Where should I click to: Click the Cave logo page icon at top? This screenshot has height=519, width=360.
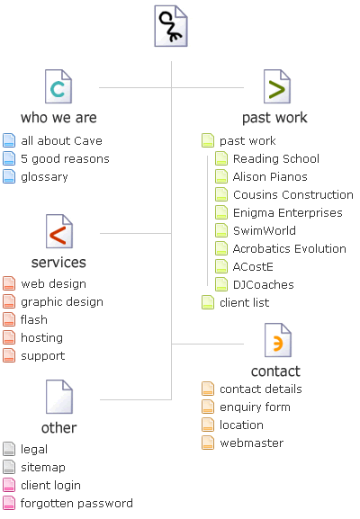click(x=171, y=26)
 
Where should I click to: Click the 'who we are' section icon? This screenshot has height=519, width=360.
click(x=58, y=86)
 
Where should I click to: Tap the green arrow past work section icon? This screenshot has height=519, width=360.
click(x=277, y=86)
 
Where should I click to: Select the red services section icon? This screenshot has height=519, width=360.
click(x=59, y=231)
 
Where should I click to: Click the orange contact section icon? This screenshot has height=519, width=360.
click(x=278, y=340)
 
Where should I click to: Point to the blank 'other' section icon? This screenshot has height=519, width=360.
click(x=59, y=397)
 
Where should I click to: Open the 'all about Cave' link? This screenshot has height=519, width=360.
click(x=61, y=140)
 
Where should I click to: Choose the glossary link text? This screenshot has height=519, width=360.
click(x=44, y=177)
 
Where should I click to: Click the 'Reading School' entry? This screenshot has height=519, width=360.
click(x=276, y=159)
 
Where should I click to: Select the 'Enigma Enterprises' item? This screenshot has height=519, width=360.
click(x=288, y=213)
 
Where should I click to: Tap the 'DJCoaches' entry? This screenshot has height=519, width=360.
click(x=264, y=284)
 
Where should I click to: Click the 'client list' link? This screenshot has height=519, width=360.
click(x=245, y=302)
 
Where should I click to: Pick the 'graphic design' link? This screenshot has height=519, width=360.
click(x=62, y=302)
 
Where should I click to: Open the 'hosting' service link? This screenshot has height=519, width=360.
click(x=41, y=337)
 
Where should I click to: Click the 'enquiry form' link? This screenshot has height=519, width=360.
click(x=255, y=407)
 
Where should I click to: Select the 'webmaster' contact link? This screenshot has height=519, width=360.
click(x=252, y=443)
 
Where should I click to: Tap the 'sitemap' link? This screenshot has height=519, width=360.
click(x=43, y=468)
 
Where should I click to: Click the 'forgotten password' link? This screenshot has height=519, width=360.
click(x=76, y=503)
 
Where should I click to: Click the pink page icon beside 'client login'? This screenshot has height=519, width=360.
click(x=9, y=485)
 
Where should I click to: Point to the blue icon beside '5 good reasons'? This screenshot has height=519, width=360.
click(x=9, y=158)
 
